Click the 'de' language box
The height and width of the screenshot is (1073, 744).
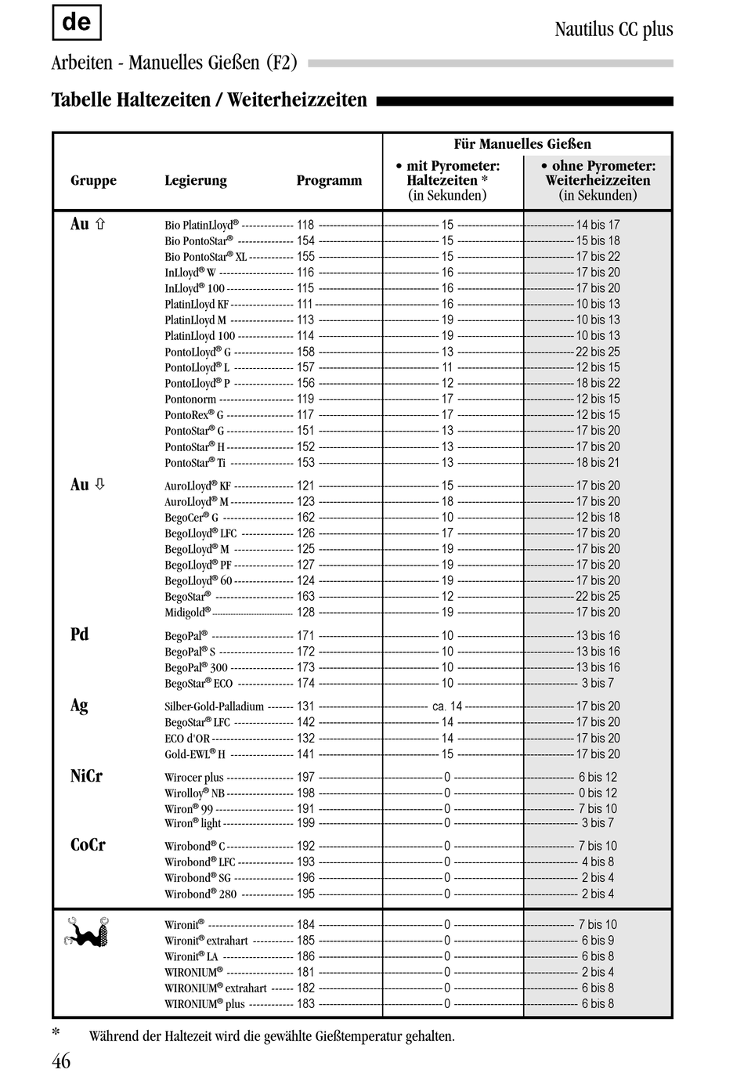76,23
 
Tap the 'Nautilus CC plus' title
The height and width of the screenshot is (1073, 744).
613,30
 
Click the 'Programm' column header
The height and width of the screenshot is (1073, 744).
329,181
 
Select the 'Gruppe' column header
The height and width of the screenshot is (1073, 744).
93,181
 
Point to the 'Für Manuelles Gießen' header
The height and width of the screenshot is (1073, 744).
522,144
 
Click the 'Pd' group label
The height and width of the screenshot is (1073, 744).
80,634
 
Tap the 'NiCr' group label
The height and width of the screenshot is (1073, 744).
86,776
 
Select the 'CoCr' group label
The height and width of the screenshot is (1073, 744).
88,845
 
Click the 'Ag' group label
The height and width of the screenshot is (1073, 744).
79,705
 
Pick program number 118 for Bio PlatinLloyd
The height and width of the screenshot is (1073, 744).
305,225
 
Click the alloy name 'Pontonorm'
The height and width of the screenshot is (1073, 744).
190,399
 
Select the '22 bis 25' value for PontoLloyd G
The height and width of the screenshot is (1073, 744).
598,352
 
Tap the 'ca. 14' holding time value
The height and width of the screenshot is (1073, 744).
447,706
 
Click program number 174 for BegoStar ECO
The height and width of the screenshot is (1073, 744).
305,683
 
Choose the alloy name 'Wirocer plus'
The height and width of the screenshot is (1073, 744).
194,778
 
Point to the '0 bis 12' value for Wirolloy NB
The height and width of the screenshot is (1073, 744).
598,793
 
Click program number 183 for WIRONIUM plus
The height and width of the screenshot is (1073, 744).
305,1003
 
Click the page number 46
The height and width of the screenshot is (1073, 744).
61,1060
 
